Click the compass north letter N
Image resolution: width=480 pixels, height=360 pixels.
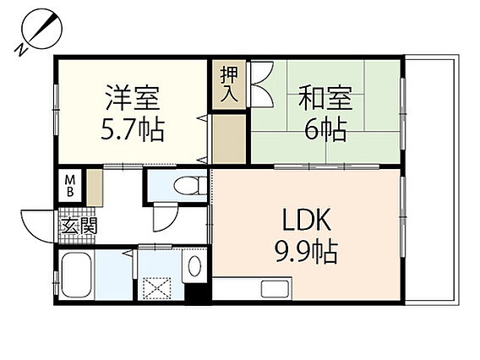[21, 49]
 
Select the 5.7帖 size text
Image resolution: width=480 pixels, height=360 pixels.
[133, 129]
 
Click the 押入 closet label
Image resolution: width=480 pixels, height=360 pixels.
[229, 85]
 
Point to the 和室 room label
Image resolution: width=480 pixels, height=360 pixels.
[325, 98]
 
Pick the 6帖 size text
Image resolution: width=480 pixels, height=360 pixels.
[325, 129]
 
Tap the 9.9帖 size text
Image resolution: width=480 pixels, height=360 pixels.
[306, 252]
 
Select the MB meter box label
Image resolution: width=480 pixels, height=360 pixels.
[70, 186]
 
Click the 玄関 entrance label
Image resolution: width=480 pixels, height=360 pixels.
[79, 226]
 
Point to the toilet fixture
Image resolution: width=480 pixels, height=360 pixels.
[190, 186]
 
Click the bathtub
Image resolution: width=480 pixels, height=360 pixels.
[77, 275]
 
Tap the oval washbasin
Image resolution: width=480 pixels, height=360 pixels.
[194, 266]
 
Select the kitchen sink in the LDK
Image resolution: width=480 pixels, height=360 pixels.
[275, 289]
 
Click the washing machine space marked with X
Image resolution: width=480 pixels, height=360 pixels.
[157, 288]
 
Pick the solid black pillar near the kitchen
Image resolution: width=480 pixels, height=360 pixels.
[198, 293]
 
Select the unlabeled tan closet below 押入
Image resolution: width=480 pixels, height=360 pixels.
[229, 139]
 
